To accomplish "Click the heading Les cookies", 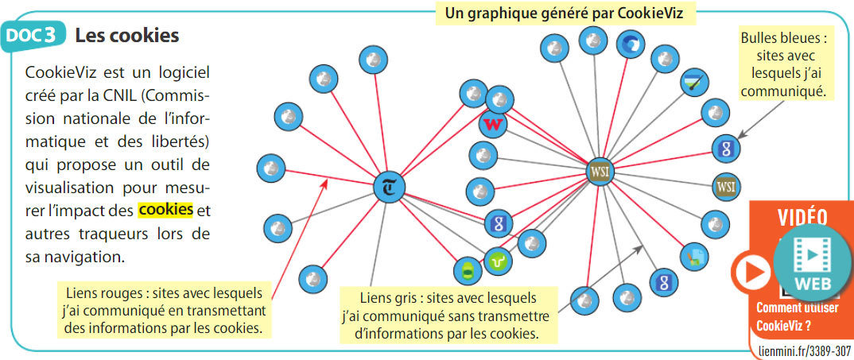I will click(126, 36).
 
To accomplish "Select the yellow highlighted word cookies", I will click(165, 211).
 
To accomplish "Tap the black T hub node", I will click(390, 187).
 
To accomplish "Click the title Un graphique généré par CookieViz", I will click(570, 13).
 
